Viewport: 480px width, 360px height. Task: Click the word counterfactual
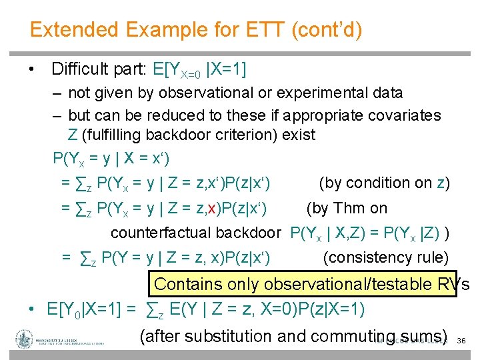pyautogui.click(x=161, y=233)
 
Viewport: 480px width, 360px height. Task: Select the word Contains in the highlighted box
pyautogui.click(x=188, y=284)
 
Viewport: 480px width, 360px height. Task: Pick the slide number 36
pyautogui.click(x=461, y=341)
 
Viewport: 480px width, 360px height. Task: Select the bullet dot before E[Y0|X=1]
pyautogui.click(x=31, y=310)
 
